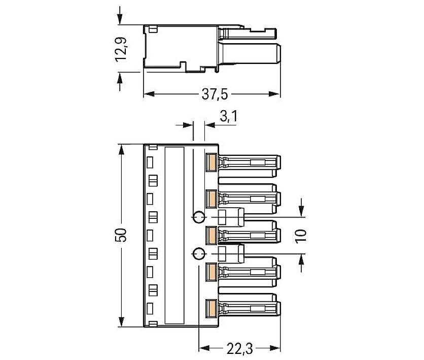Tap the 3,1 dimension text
[229, 117]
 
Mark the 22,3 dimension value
[238, 348]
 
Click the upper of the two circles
[199, 217]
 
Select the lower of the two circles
[199, 254]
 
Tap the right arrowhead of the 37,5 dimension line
[276, 94]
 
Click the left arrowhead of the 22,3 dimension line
[202, 348]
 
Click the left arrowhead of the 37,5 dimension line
[148, 94]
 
